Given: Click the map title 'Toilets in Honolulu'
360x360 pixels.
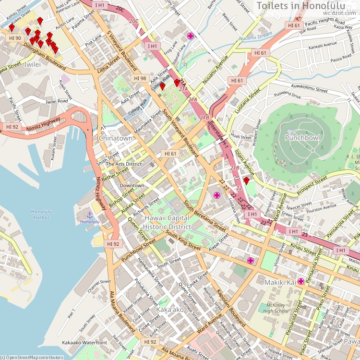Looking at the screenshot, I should [307, 5].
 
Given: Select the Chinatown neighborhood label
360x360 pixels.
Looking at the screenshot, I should [116, 138].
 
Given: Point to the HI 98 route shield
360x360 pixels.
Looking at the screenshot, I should [140, 78].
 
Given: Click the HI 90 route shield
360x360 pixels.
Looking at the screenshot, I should [15, 38].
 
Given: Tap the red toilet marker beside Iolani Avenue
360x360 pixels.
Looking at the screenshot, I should [246, 180].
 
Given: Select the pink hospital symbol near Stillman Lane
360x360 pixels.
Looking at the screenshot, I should [191, 36].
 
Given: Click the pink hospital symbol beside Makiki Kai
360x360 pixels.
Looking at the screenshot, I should [301, 281].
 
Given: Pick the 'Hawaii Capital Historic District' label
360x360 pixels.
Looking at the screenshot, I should [167, 222].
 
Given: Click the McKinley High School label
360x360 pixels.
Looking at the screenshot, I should [276, 307].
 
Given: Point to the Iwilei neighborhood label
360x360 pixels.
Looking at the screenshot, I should [32, 63].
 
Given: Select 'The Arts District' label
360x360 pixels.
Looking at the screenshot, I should [123, 164].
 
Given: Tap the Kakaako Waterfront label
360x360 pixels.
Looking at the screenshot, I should [84, 343].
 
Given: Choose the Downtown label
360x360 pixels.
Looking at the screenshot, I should [132, 185].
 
